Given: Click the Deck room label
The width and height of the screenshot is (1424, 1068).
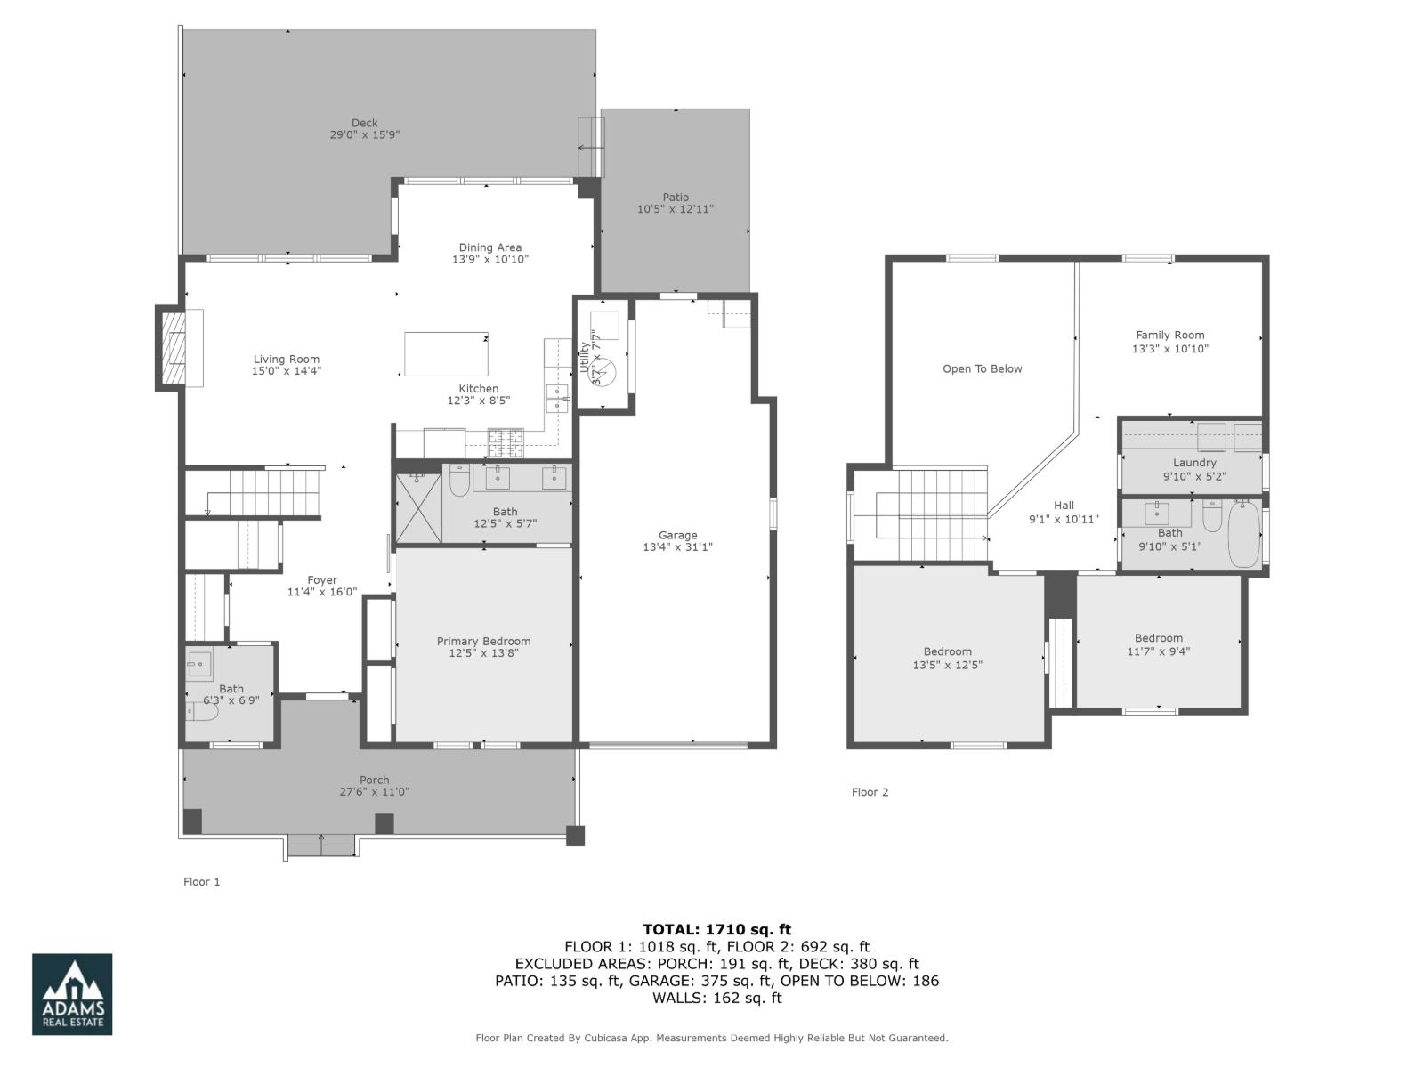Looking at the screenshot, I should (x=364, y=124).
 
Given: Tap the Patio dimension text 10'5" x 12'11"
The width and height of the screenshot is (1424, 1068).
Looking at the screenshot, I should (x=676, y=210).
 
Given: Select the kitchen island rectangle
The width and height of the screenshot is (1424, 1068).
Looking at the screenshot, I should (x=446, y=353).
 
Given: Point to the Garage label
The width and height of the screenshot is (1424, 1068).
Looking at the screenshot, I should (x=677, y=535).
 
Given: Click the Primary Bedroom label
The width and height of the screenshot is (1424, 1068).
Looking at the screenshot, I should (x=483, y=641).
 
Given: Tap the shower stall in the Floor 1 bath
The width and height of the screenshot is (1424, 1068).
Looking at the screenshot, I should (x=418, y=508).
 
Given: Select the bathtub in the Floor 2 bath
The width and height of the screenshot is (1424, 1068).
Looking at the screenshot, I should (x=1243, y=534).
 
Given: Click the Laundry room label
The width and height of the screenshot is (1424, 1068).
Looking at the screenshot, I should (x=1193, y=463).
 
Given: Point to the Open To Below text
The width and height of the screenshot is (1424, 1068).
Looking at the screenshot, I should (x=983, y=368).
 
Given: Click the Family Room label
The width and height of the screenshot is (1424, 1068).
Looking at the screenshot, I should (x=1169, y=336).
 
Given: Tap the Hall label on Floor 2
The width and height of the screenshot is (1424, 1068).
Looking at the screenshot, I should (x=1064, y=506).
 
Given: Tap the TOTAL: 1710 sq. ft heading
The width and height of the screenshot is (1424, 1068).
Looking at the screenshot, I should (x=716, y=930).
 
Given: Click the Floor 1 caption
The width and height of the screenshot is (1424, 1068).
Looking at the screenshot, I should (x=201, y=882).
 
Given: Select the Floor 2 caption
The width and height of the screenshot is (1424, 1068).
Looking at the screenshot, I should (x=870, y=792).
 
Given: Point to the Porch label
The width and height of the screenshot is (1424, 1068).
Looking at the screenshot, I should (x=374, y=781).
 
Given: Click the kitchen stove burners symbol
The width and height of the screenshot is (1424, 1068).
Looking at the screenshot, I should (x=506, y=438).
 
